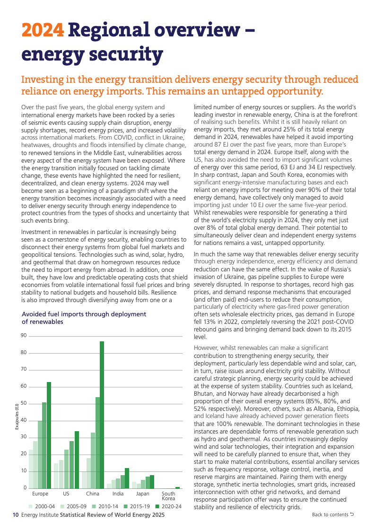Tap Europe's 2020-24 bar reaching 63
click(x=49, y=435)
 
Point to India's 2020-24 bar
click(x=127, y=478)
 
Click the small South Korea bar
click(x=177, y=487)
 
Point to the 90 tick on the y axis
click(x=23, y=336)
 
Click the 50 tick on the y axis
click(x=23, y=403)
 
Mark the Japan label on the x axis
click(x=142, y=494)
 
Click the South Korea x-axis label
click(x=168, y=496)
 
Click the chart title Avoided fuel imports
click(x=84, y=318)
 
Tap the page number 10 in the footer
click(x=15, y=515)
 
